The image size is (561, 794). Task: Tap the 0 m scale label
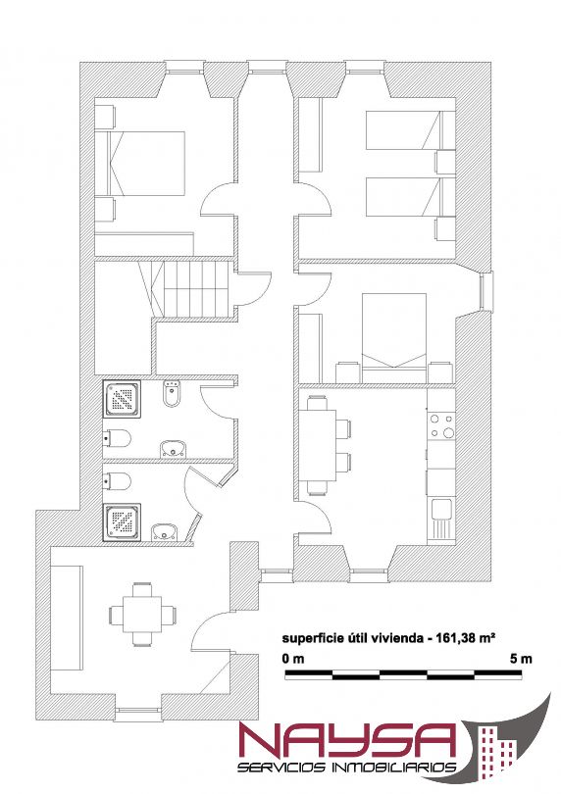pos(293,659)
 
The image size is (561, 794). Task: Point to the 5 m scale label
pos(521,659)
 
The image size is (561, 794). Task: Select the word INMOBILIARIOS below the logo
pos(392,768)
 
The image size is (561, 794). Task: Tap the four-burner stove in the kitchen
pos(441,425)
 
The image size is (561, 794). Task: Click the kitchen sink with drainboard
pos(441,518)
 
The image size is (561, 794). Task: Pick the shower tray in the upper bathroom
pos(123,399)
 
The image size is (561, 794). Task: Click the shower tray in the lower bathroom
pos(122,522)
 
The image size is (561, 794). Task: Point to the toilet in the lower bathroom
pos(117,481)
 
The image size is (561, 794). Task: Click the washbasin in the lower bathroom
pos(166,532)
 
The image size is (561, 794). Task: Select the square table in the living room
pos(143,615)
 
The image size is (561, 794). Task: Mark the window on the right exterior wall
pos(486,291)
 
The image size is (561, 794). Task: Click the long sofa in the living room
pos(67,619)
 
